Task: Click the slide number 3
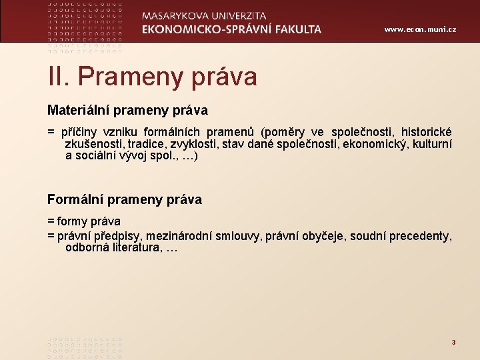[x=453, y=342]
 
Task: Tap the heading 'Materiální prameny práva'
[x=127, y=109]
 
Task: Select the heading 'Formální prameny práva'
[x=124, y=199]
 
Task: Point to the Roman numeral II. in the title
[x=58, y=77]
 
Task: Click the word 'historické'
[x=426, y=132]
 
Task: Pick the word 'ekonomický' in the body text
[x=381, y=144]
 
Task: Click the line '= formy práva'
[x=84, y=221]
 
